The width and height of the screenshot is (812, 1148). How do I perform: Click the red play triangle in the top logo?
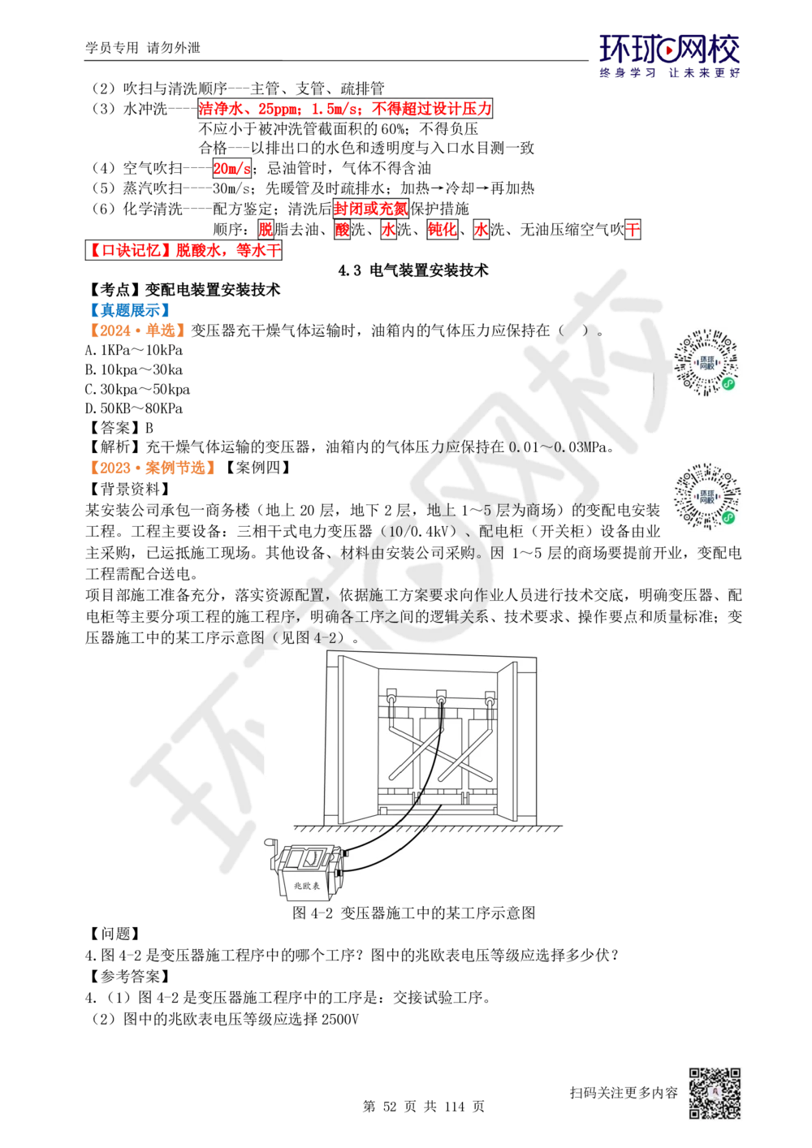point(670,52)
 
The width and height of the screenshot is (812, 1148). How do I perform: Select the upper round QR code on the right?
point(707,364)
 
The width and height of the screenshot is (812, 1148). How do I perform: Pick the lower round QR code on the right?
point(707,497)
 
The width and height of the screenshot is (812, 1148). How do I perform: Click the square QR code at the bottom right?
point(714,1094)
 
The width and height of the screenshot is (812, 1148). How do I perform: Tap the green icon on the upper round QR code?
point(728,384)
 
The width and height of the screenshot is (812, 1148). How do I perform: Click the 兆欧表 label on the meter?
point(306,887)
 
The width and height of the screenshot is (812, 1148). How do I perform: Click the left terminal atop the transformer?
point(391,697)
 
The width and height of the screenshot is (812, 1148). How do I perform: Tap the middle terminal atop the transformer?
point(442,697)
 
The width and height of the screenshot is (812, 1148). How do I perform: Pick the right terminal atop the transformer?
point(490,697)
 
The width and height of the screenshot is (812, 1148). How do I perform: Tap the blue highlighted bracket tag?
point(129,309)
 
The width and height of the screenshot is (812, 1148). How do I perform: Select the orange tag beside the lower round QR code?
point(153,468)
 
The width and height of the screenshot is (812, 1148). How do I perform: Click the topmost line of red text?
point(345,109)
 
